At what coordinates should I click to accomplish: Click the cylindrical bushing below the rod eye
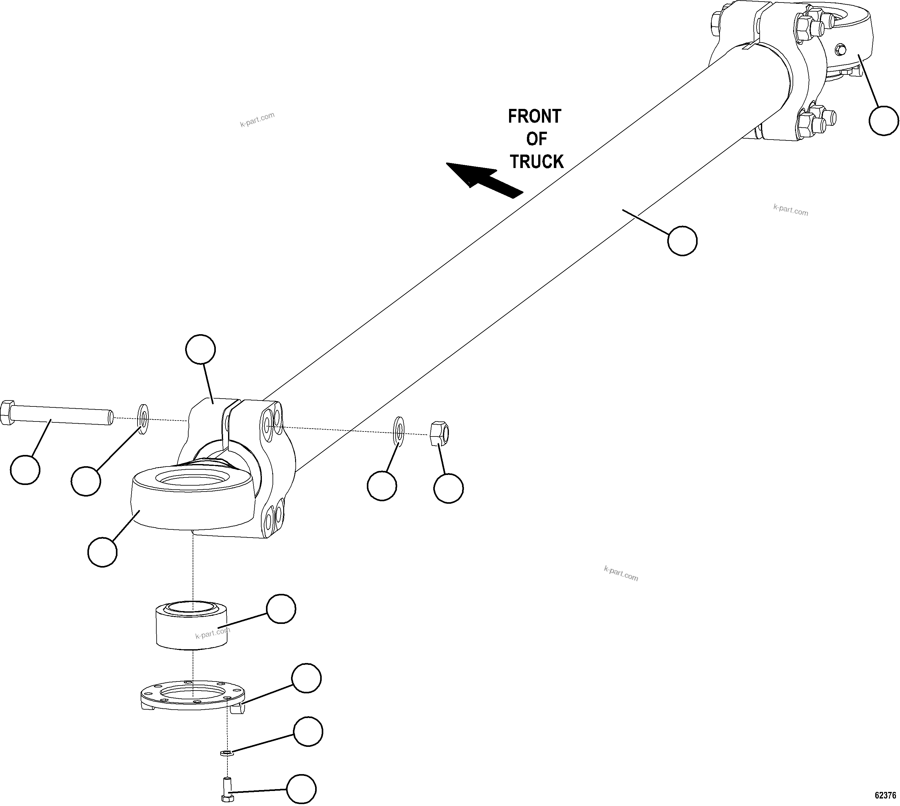click(x=192, y=625)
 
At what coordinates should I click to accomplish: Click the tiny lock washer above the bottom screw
click(x=226, y=752)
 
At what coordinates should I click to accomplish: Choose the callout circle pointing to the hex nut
click(x=448, y=488)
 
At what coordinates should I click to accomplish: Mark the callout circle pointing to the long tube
click(x=682, y=241)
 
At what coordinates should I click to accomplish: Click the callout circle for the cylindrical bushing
click(x=281, y=609)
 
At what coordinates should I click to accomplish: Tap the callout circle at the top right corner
click(x=884, y=120)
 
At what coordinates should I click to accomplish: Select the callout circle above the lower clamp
click(x=200, y=350)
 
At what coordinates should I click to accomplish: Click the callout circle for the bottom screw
click(x=301, y=789)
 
